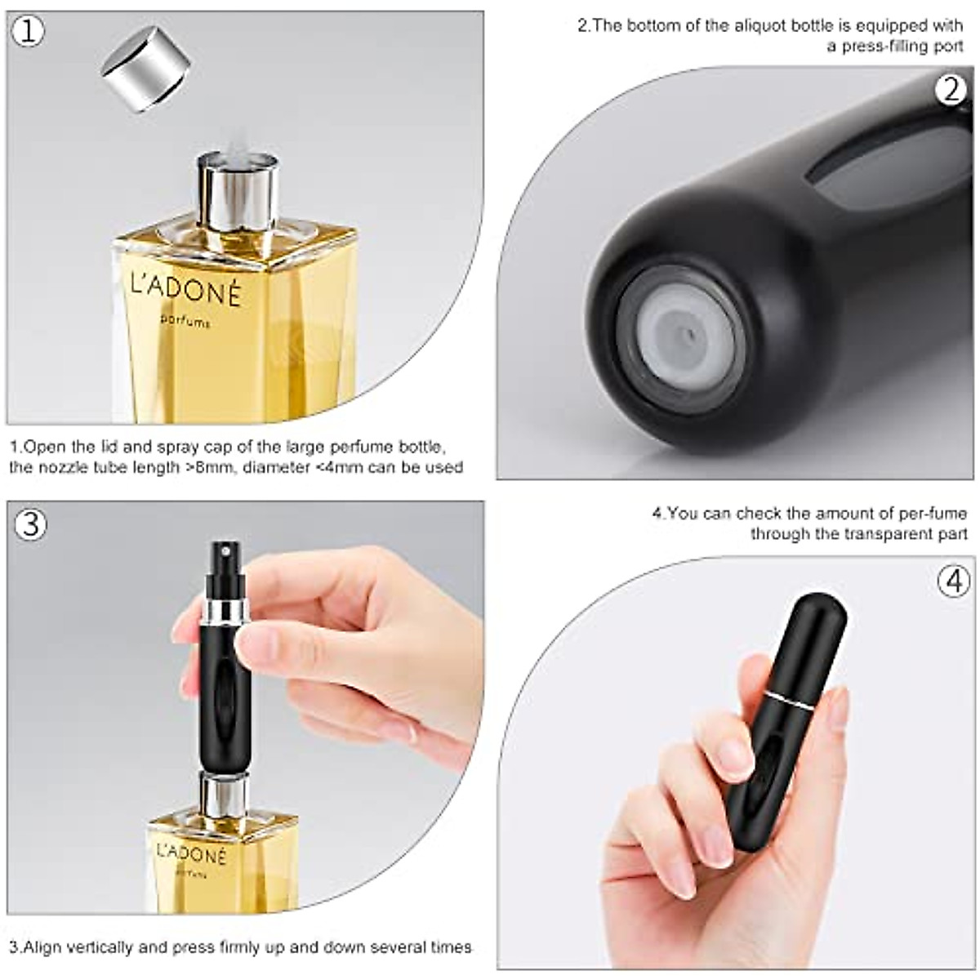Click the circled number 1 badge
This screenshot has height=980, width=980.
(x=29, y=32)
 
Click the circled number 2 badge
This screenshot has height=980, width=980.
(x=950, y=88)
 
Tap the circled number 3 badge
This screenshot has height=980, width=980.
(x=29, y=523)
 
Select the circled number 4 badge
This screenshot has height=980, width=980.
(x=953, y=581)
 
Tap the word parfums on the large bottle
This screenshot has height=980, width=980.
(x=185, y=321)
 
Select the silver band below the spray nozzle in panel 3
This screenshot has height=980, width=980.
(x=223, y=609)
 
